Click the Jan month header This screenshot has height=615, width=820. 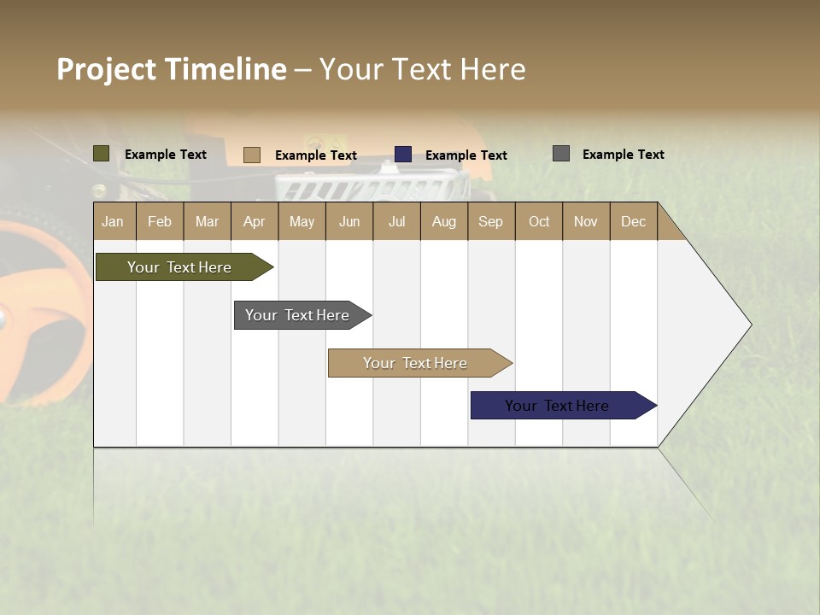tap(113, 221)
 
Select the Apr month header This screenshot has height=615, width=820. tap(254, 221)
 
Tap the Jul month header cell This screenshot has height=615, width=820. tap(396, 221)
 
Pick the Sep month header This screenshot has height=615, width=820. tap(490, 221)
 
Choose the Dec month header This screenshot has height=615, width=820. tap(633, 221)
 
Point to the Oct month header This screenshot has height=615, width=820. tap(539, 221)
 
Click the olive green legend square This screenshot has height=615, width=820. tap(102, 154)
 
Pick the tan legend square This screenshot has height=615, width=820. tap(251, 155)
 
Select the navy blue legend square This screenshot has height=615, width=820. tap(403, 155)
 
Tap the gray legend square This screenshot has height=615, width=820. tap(561, 154)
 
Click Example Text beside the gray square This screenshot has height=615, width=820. tap(623, 155)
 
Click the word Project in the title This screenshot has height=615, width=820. tap(107, 69)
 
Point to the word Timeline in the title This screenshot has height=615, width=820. tap(225, 69)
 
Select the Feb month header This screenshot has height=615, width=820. tap(160, 221)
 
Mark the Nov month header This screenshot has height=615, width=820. tap(586, 221)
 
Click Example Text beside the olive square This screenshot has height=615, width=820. tap(166, 155)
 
